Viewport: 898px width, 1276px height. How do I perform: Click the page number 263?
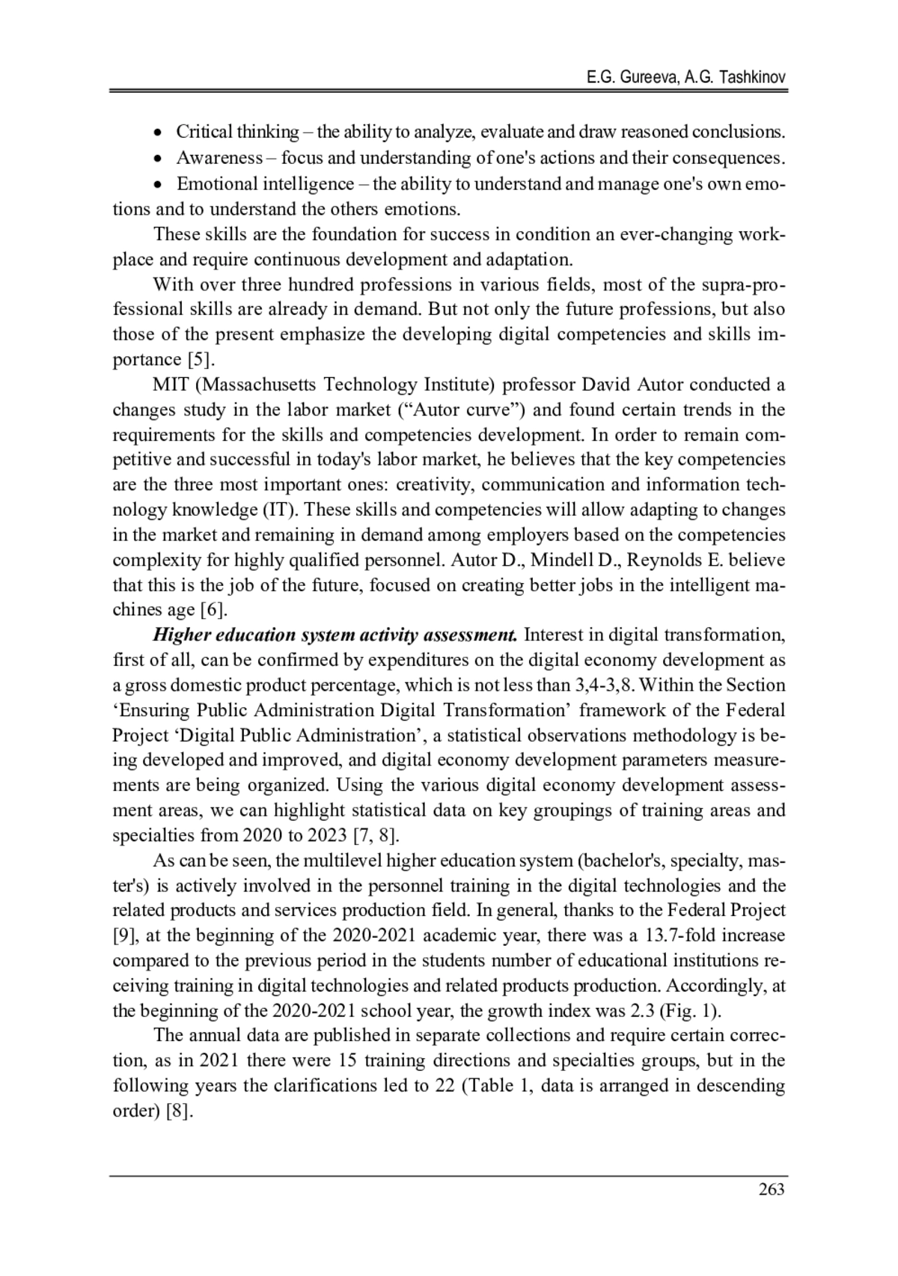771,1188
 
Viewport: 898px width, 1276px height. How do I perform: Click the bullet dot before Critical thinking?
157,133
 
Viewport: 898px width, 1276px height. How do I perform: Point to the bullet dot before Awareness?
157,159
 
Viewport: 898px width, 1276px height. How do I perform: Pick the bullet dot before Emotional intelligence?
157,185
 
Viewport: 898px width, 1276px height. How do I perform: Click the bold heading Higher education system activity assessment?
335,635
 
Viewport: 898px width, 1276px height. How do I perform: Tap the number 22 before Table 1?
445,1086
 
